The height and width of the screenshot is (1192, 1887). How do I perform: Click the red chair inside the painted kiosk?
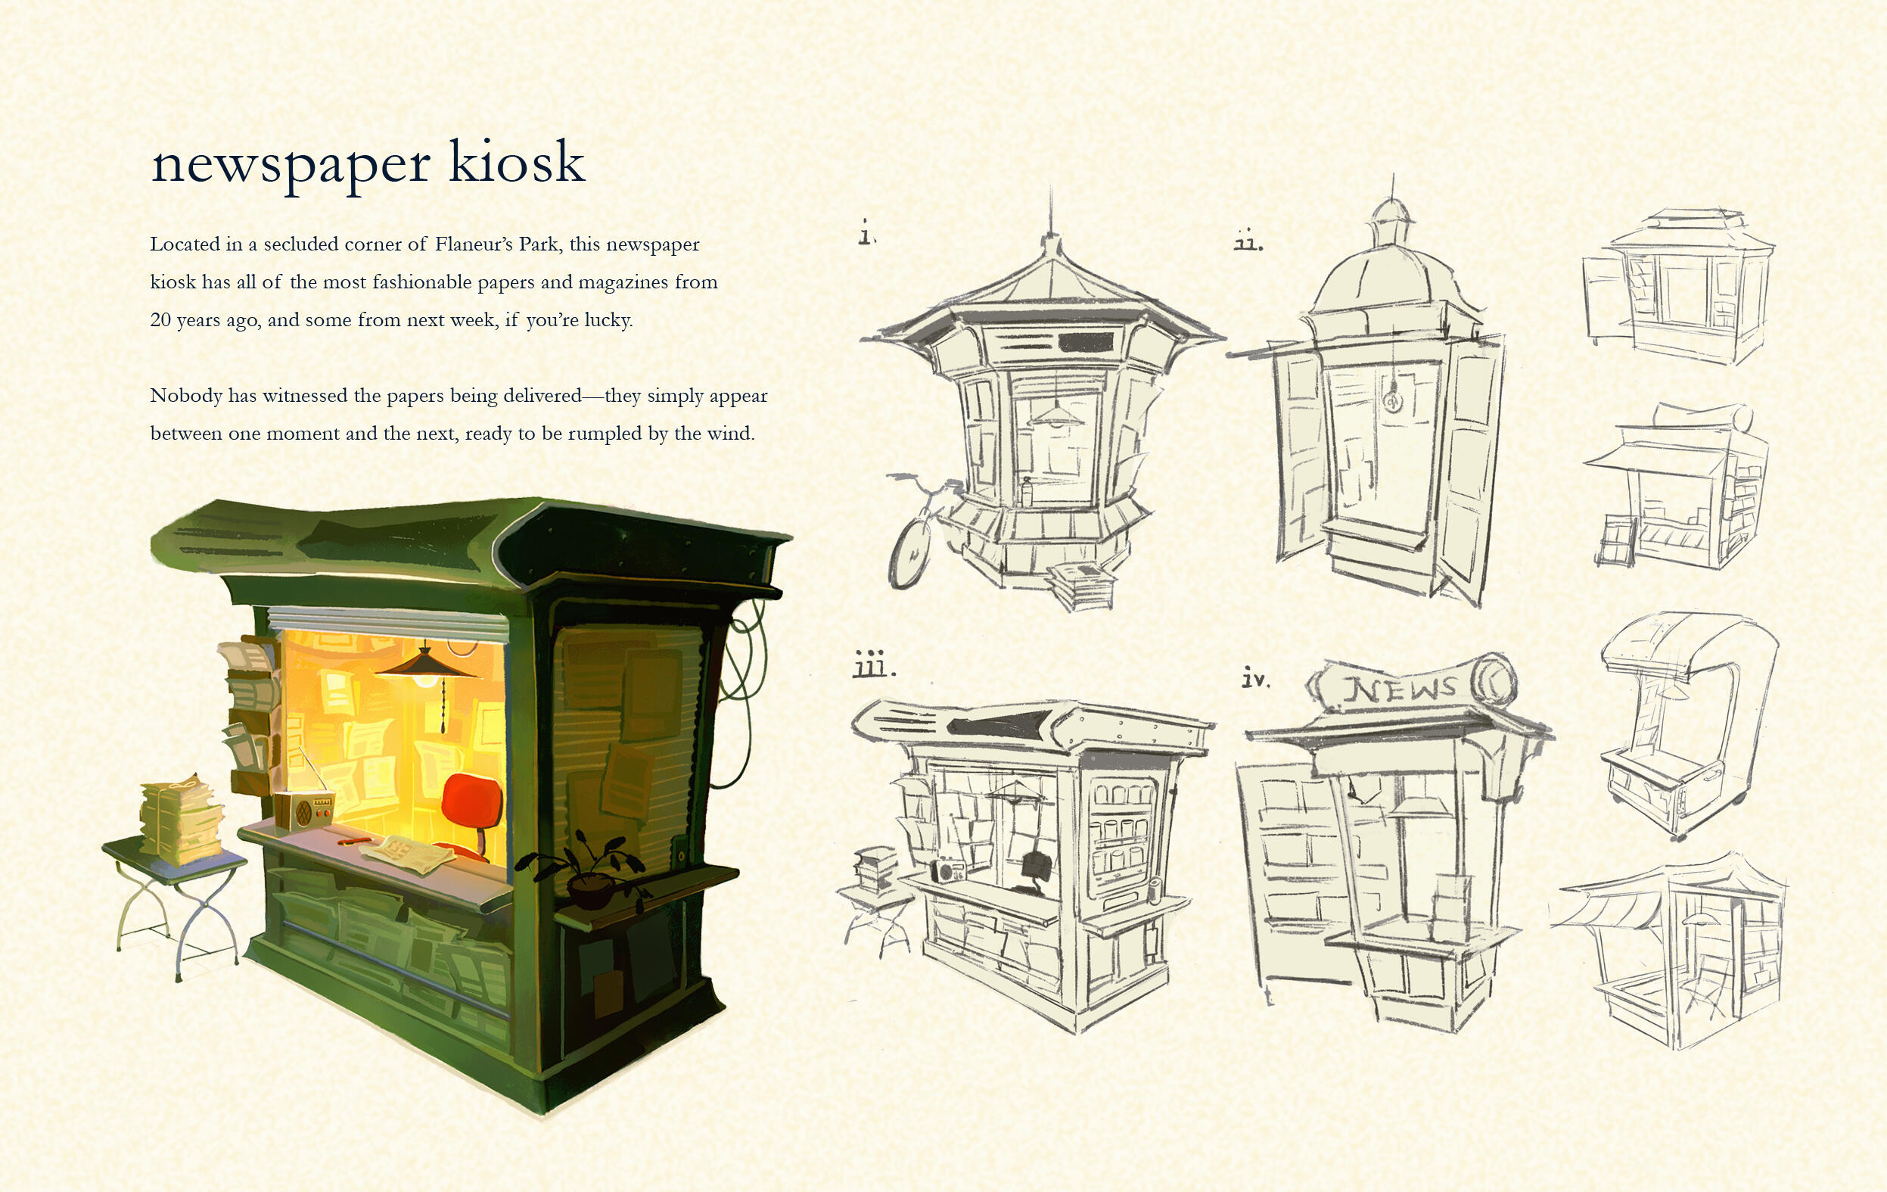click(x=473, y=808)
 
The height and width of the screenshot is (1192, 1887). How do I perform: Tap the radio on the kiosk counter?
click(x=304, y=809)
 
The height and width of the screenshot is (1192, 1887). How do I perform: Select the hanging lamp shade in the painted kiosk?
click(x=424, y=665)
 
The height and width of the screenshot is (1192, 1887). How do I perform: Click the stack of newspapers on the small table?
click(x=179, y=819)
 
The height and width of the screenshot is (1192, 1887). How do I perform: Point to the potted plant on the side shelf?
click(x=580, y=870)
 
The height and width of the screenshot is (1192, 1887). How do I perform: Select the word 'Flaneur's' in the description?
click(x=474, y=244)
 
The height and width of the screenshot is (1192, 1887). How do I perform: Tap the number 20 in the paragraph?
click(x=160, y=319)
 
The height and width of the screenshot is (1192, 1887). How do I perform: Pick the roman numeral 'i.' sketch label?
click(x=866, y=234)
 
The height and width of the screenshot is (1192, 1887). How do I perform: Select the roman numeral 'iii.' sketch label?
click(x=873, y=664)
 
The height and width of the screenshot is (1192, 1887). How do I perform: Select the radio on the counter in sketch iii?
click(x=948, y=870)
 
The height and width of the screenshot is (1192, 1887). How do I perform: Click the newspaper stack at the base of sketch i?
click(x=1082, y=583)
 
